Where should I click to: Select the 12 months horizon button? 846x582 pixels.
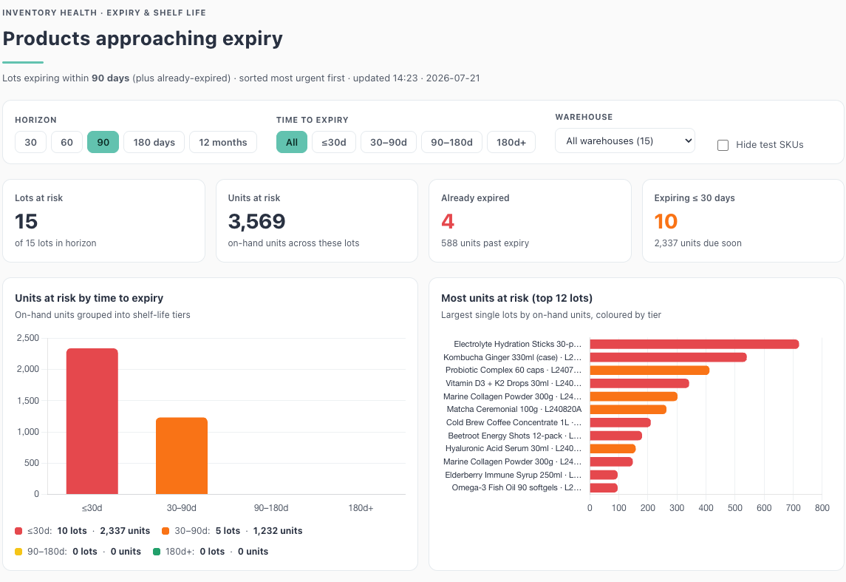(x=223, y=142)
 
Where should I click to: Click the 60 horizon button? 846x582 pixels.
(x=67, y=142)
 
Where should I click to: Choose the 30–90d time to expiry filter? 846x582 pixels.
(x=389, y=142)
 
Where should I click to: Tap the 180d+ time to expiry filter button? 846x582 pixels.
(x=511, y=142)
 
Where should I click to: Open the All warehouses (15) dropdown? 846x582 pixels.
(x=625, y=141)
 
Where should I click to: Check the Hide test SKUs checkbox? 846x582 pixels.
(x=723, y=145)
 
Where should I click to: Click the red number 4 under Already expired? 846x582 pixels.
(x=448, y=221)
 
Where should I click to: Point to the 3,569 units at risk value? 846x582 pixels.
(x=257, y=221)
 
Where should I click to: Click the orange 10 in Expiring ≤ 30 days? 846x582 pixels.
(x=666, y=221)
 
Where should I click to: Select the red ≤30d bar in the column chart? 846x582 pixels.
(x=92, y=421)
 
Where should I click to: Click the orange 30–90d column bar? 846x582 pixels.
(x=182, y=456)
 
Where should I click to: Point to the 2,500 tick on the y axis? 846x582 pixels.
(x=28, y=338)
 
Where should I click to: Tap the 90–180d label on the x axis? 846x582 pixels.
(x=271, y=508)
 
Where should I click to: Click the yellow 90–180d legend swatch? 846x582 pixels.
(x=18, y=552)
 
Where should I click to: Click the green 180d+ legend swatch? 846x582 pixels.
(x=157, y=552)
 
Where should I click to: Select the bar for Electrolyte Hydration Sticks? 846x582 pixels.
(x=695, y=344)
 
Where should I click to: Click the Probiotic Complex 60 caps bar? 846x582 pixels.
(x=649, y=370)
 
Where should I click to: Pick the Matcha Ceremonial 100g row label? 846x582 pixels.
(x=514, y=409)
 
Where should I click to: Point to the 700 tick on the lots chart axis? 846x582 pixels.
(x=793, y=508)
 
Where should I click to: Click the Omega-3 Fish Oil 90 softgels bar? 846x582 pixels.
(x=604, y=488)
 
